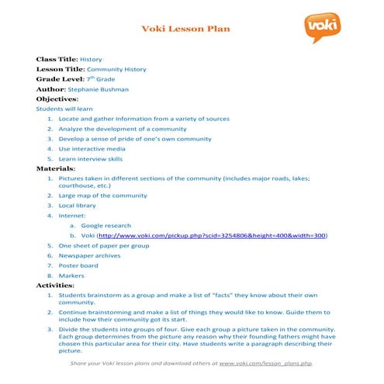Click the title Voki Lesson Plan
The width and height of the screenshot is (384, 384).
coord(185,29)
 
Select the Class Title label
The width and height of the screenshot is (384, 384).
coord(57,59)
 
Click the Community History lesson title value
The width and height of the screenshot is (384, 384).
coord(116,69)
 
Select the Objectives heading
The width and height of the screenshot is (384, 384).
coord(57,99)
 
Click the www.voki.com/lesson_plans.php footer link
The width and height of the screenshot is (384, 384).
coord(265,363)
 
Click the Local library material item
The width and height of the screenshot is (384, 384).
coord(79,206)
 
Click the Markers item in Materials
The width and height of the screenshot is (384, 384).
coord(71,275)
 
